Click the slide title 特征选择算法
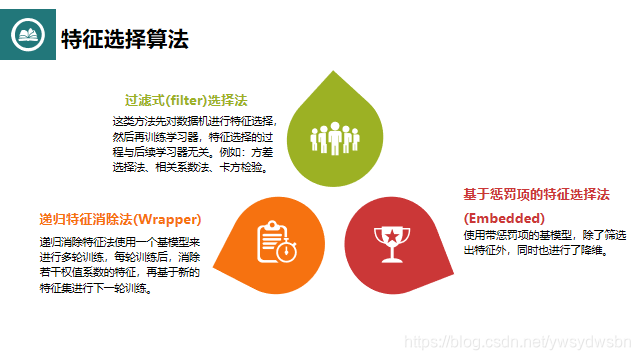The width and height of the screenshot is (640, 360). [125, 39]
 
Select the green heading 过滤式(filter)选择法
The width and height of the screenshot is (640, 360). [186, 101]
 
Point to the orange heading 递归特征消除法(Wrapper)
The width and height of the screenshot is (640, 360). [121, 219]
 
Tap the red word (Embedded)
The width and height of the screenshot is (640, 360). [504, 217]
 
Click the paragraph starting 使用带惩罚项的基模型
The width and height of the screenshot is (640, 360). [544, 241]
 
